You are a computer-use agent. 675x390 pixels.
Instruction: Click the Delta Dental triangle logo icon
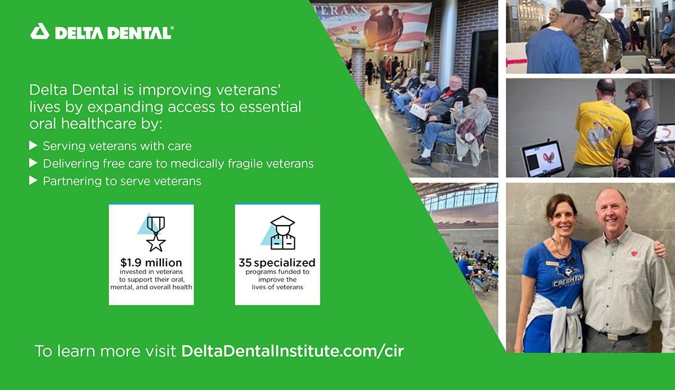click(40, 32)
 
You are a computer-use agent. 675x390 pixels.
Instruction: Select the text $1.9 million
click(151, 263)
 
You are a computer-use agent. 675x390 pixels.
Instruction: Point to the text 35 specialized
click(277, 263)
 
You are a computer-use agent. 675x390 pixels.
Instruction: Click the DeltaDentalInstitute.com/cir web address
click(292, 351)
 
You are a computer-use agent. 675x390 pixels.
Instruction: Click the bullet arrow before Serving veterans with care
click(33, 146)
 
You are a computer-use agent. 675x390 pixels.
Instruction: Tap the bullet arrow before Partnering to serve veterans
click(33, 181)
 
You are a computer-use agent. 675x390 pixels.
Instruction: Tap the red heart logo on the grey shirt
click(633, 254)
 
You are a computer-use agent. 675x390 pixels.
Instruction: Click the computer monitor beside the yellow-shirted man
click(542, 159)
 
